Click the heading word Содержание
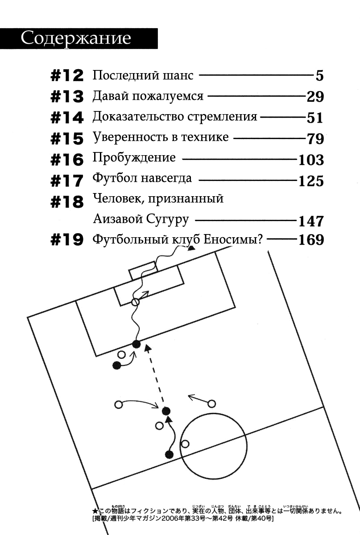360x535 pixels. click(x=76, y=38)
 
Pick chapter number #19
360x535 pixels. click(x=67, y=240)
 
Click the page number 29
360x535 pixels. click(x=315, y=97)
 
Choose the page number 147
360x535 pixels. click(x=310, y=221)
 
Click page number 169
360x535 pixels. click(x=310, y=240)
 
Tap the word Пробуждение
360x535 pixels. click(x=134, y=158)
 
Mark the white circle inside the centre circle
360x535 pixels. click(x=186, y=444)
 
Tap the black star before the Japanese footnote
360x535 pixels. click(x=94, y=511)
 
